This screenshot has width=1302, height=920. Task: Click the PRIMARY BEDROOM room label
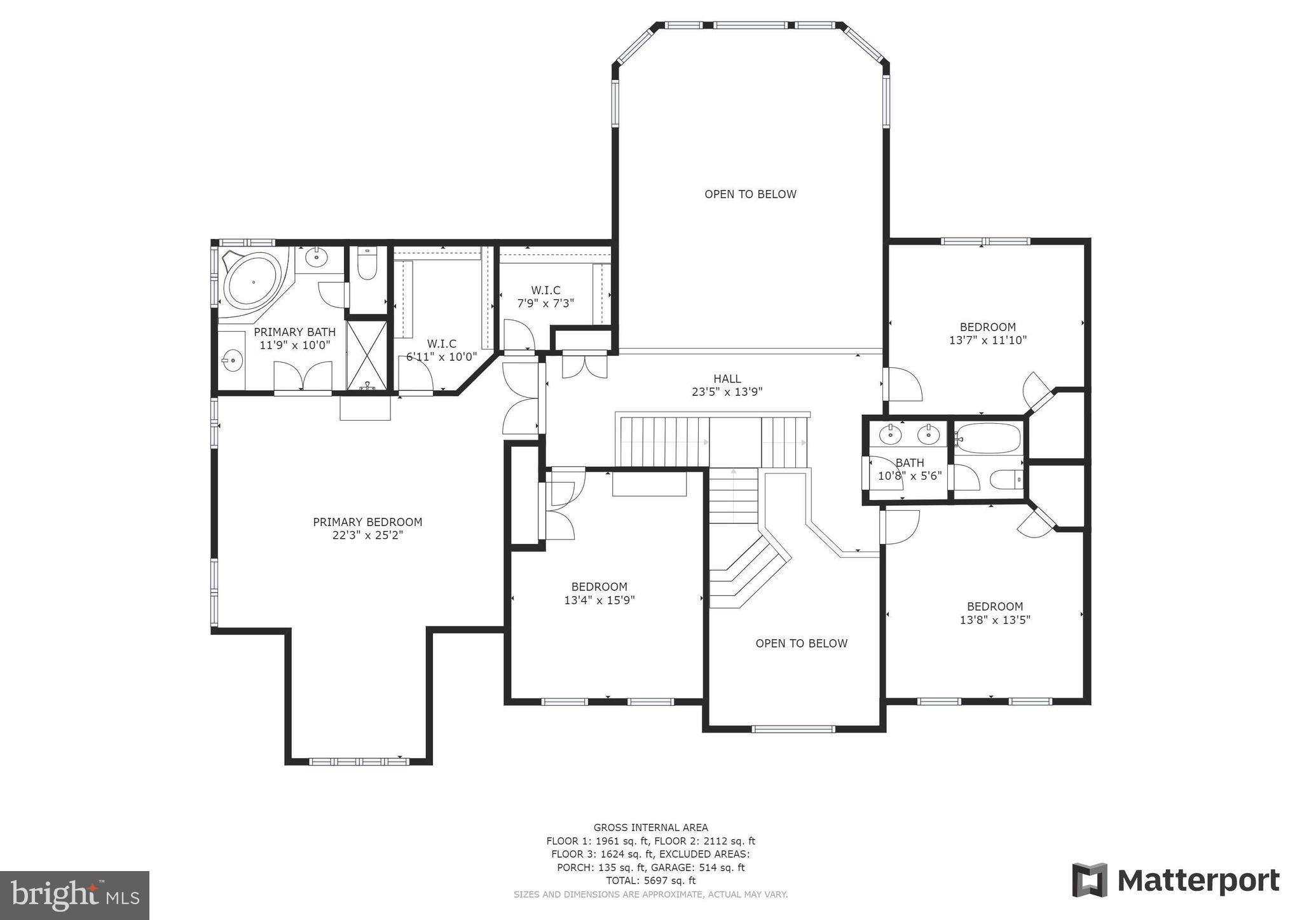click(x=367, y=522)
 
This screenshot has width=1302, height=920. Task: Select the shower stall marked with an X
click(x=367, y=355)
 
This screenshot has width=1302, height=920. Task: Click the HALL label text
click(x=727, y=379)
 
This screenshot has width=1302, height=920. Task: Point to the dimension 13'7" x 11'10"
click(x=987, y=341)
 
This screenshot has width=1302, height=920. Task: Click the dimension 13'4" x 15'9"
click(x=599, y=600)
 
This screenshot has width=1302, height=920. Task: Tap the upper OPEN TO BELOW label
click(x=750, y=194)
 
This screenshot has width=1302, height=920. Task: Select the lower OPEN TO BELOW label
click(x=801, y=644)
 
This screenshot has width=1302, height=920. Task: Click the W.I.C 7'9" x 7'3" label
click(x=545, y=297)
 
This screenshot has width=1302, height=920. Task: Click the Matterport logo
click(x=1175, y=881)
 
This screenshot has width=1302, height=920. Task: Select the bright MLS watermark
click(x=75, y=896)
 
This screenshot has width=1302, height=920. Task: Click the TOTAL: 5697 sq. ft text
click(x=650, y=881)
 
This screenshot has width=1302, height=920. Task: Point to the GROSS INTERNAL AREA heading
click(x=650, y=827)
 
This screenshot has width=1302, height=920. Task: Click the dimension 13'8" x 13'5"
click(x=995, y=620)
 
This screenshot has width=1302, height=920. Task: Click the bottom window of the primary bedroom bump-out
click(x=359, y=761)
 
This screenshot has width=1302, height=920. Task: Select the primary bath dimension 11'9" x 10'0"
click(x=294, y=345)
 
